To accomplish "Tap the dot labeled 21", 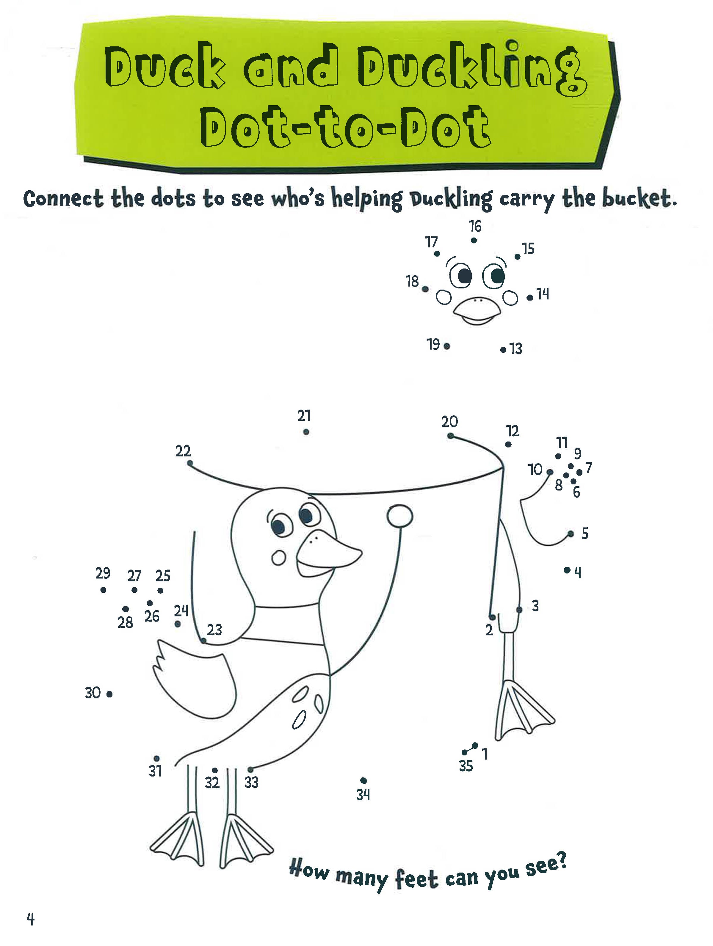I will click(306, 432).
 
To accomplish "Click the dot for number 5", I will click(571, 534).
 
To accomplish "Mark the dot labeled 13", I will click(503, 349).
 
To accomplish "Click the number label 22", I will click(183, 451).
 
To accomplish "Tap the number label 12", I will click(513, 431).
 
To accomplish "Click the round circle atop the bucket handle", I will click(399, 516).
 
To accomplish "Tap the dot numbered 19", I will click(446, 346).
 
